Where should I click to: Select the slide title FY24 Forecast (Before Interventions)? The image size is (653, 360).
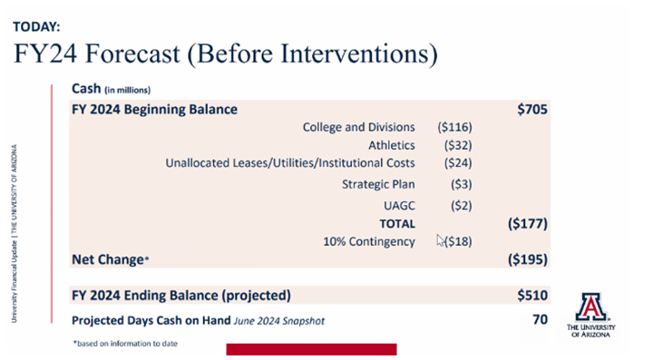point(226,54)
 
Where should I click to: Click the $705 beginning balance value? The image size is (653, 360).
point(532,109)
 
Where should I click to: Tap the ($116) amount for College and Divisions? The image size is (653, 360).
point(454,127)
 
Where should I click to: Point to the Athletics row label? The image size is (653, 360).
point(392,144)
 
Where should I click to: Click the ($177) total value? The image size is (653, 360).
point(527,223)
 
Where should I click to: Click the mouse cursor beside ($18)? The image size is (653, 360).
point(440,240)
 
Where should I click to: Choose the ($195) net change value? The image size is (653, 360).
point(527,259)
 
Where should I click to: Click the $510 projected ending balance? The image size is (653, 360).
point(532,295)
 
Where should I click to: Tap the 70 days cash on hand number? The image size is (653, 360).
point(539,319)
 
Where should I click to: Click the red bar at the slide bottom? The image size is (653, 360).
point(310,349)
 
